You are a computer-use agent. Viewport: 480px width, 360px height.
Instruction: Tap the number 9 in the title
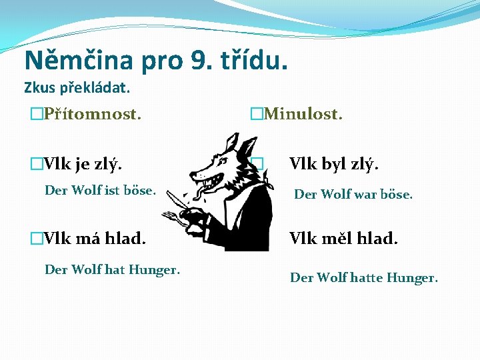point(198,60)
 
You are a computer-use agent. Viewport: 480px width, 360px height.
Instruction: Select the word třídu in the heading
point(253,60)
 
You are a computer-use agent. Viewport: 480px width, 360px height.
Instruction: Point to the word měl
point(339,237)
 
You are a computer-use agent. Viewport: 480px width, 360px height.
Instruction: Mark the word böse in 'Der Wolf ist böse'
point(140,191)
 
